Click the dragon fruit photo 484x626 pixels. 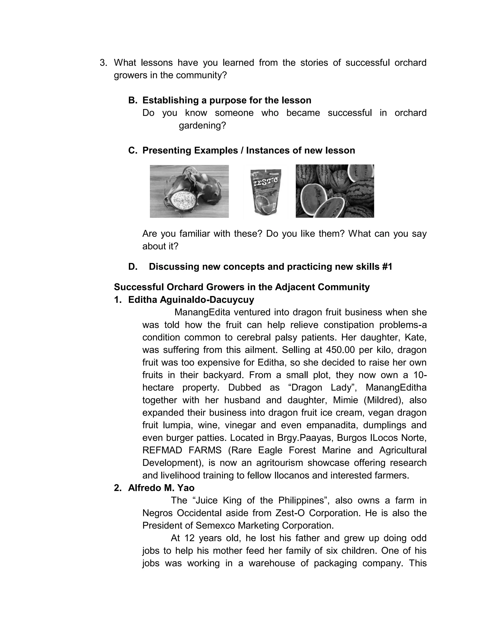(x=189, y=191)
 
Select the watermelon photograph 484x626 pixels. (x=335, y=191)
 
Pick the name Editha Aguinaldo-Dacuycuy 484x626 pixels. (x=191, y=300)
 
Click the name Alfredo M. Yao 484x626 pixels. (x=161, y=488)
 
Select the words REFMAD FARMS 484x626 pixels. (x=182, y=450)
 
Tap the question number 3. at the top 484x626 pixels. (x=103, y=63)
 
